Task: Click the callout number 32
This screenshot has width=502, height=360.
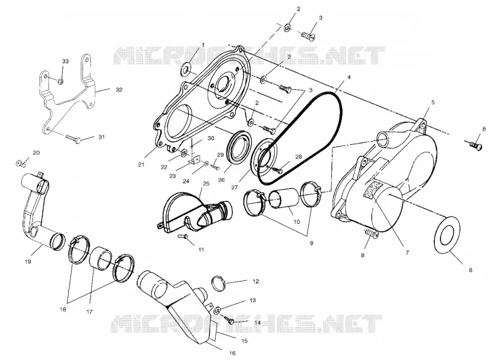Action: [119, 90]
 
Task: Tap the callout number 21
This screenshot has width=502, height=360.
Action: [141, 165]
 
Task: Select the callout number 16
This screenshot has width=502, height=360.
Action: [232, 353]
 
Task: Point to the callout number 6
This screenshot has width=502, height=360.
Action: [470, 270]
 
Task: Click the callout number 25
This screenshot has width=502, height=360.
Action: [206, 183]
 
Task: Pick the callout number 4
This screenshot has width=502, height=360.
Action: [349, 77]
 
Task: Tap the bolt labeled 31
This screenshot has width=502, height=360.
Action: [73, 139]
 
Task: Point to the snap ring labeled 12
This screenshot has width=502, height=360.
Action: [218, 283]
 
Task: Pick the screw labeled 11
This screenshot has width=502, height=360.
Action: [183, 236]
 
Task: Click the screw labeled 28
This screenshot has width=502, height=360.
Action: [277, 169]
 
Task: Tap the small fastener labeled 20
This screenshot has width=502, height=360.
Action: [21, 164]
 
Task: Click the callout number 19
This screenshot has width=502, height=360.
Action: [28, 262]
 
